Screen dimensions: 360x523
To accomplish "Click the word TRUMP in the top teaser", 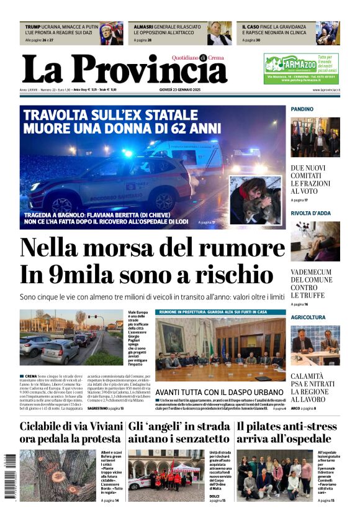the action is click(x=34, y=27).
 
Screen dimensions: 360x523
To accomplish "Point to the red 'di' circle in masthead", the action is click(x=203, y=58).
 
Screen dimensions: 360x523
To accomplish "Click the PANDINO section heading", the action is click(x=302, y=109).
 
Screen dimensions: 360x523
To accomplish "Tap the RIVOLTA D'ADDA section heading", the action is click(x=311, y=214).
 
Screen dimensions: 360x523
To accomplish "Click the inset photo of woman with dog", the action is click(x=255, y=199).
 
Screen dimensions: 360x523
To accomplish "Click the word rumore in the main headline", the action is click(x=238, y=248).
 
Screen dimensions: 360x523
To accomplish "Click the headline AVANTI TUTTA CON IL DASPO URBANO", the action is click(x=219, y=393).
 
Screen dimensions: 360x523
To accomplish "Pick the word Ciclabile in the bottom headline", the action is click(x=45, y=427).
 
